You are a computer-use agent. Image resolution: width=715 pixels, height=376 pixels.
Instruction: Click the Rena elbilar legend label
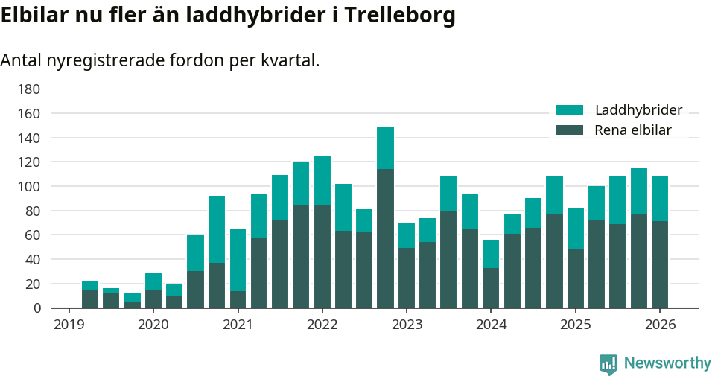click(x=633, y=130)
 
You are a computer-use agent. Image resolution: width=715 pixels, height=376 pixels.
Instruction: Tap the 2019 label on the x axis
click(x=69, y=325)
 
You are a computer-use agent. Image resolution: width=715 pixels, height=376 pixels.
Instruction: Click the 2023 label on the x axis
click(x=407, y=325)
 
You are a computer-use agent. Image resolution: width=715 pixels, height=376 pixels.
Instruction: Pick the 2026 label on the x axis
click(x=660, y=325)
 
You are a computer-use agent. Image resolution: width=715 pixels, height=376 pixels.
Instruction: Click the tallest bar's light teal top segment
click(x=385, y=147)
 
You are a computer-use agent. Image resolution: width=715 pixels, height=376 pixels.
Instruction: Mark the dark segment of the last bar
click(x=660, y=264)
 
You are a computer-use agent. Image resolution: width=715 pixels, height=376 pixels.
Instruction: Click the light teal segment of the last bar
click(x=660, y=199)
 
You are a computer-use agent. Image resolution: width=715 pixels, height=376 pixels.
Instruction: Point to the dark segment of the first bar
click(x=90, y=299)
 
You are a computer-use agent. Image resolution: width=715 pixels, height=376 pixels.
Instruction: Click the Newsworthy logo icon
click(x=608, y=363)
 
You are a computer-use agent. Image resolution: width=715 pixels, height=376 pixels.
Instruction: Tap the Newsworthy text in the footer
click(x=667, y=363)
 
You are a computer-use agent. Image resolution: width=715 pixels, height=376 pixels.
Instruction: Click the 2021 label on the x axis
click(x=238, y=325)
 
